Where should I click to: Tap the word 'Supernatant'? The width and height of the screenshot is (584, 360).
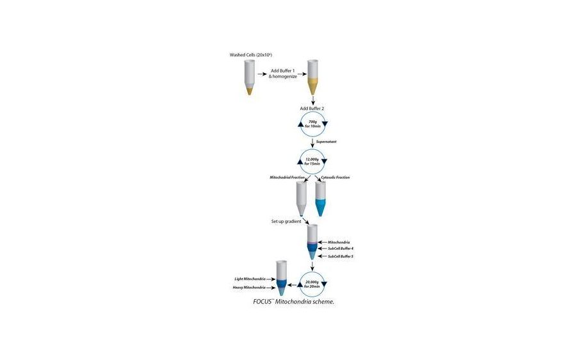pos(327,142)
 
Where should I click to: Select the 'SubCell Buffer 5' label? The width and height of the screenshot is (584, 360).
pos(341,256)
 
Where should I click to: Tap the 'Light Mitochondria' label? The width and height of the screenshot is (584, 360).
pos(250,279)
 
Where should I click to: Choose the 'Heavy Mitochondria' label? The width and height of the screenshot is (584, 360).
pos(250,288)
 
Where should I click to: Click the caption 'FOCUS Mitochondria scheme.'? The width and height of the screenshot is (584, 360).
pos(293,302)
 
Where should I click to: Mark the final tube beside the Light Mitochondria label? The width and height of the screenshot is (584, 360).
pos(280,277)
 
